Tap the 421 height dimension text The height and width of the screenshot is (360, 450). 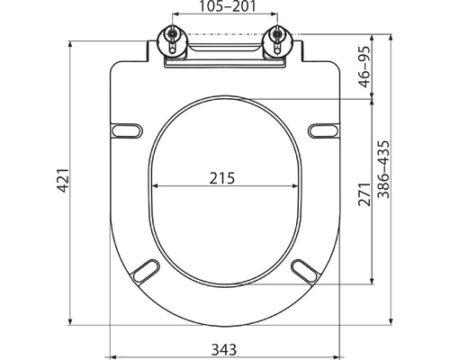[63, 180]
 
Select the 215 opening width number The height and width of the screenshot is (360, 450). [222, 178]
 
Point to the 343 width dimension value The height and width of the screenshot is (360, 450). [224, 349]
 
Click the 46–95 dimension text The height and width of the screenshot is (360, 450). [365, 67]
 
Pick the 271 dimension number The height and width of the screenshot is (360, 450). [364, 193]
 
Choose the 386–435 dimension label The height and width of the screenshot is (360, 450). [383, 169]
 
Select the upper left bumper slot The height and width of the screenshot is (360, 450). [126, 130]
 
